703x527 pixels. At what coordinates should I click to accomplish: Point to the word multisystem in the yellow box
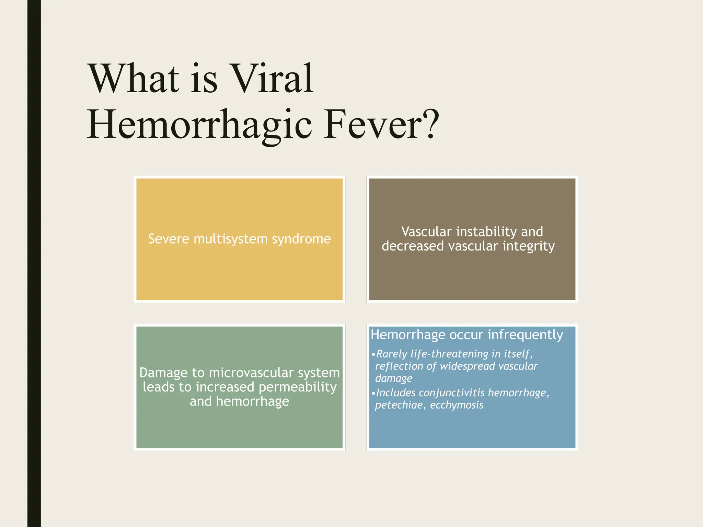(x=230, y=239)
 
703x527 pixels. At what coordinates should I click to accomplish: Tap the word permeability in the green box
(x=298, y=388)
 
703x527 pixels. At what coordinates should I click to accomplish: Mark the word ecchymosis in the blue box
(x=457, y=405)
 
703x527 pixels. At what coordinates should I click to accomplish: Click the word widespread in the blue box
(x=467, y=366)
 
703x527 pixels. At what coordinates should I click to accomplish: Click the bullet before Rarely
(x=373, y=354)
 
